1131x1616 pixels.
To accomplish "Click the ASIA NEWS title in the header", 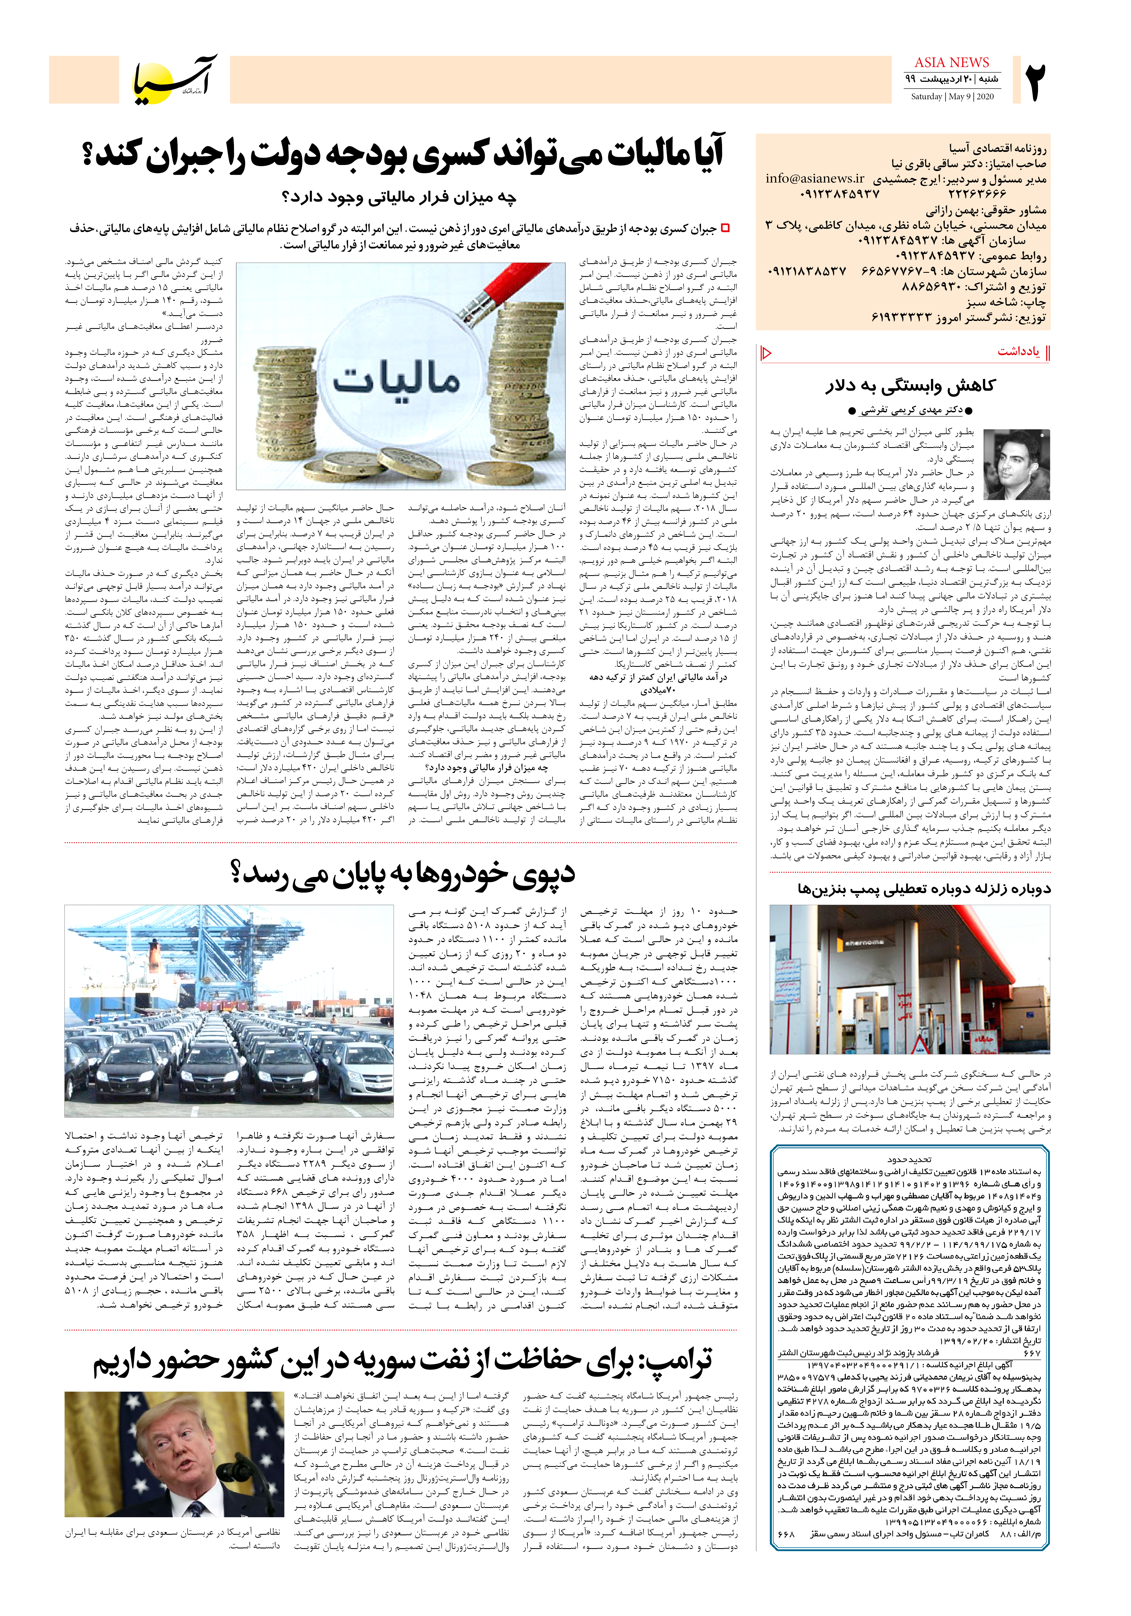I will click(952, 63).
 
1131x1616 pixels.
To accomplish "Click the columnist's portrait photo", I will click(1016, 465).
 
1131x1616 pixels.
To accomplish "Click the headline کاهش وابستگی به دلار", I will click(910, 386).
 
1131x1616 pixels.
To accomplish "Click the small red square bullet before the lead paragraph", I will click(725, 228).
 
